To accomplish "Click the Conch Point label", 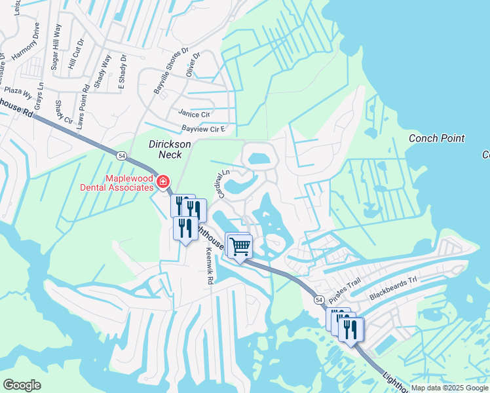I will point(436,138).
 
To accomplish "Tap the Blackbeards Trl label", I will point(393,288).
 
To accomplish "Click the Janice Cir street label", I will point(194,113).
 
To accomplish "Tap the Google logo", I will point(22,385).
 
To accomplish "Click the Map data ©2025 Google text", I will point(449,388).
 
